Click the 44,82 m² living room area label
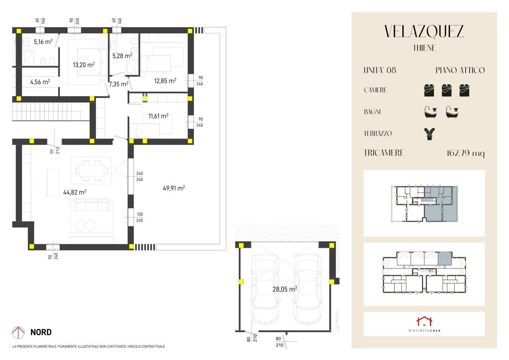pos(75,192)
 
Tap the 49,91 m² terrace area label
pos(174,188)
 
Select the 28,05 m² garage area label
pos(285,289)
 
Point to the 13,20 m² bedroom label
pos(84,65)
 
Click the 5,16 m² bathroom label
pos(43,41)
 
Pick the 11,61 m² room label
pos(158,116)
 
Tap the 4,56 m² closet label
pos(40,82)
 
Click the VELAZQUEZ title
pos(424,32)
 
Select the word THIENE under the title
pos(424,48)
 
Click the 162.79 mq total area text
pos(465,153)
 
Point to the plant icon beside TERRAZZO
pos(429,134)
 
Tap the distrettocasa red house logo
pos(424,321)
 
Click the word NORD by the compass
pos(41,332)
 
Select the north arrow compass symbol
pos(18,333)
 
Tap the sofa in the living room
pos(92,205)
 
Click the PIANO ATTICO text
pos(460,70)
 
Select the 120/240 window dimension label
pos(139,217)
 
